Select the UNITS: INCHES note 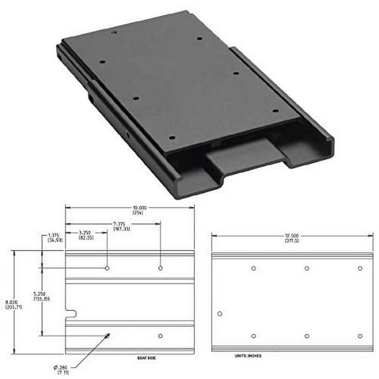click(x=249, y=356)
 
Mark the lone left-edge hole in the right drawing click(x=220, y=313)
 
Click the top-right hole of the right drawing click(x=360, y=269)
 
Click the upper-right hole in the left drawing click(x=160, y=268)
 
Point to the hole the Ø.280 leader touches click(x=108, y=335)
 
